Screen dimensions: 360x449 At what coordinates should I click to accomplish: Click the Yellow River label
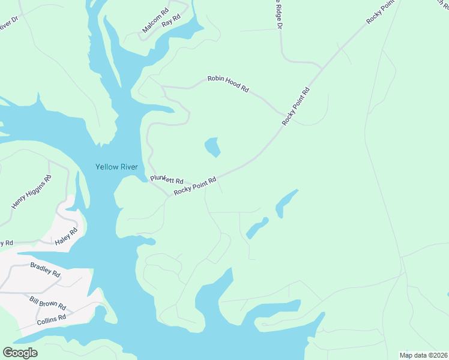(117, 167)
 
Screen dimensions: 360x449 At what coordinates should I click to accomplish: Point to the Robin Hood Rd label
(228, 83)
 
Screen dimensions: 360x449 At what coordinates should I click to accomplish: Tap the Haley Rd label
(66, 236)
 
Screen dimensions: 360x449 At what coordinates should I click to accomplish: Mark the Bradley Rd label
(45, 269)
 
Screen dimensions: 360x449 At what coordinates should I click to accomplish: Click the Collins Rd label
(50, 319)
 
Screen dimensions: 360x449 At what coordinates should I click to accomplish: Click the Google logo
(20, 352)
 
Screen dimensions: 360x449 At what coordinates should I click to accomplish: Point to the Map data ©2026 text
(424, 355)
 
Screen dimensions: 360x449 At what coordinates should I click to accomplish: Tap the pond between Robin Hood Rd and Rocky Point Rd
(212, 147)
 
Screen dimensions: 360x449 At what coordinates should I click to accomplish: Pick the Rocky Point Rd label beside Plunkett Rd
(194, 185)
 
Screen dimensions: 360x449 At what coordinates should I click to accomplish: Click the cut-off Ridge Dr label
(279, 15)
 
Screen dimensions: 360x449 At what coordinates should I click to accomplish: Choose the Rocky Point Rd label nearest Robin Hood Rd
(297, 107)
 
